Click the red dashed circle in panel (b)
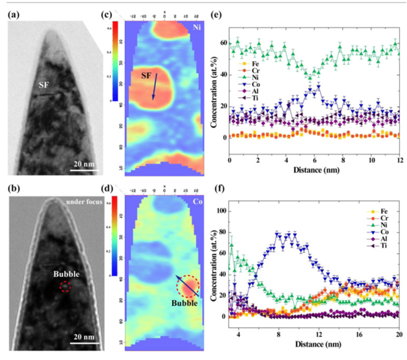pyautogui.click(x=64, y=286)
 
